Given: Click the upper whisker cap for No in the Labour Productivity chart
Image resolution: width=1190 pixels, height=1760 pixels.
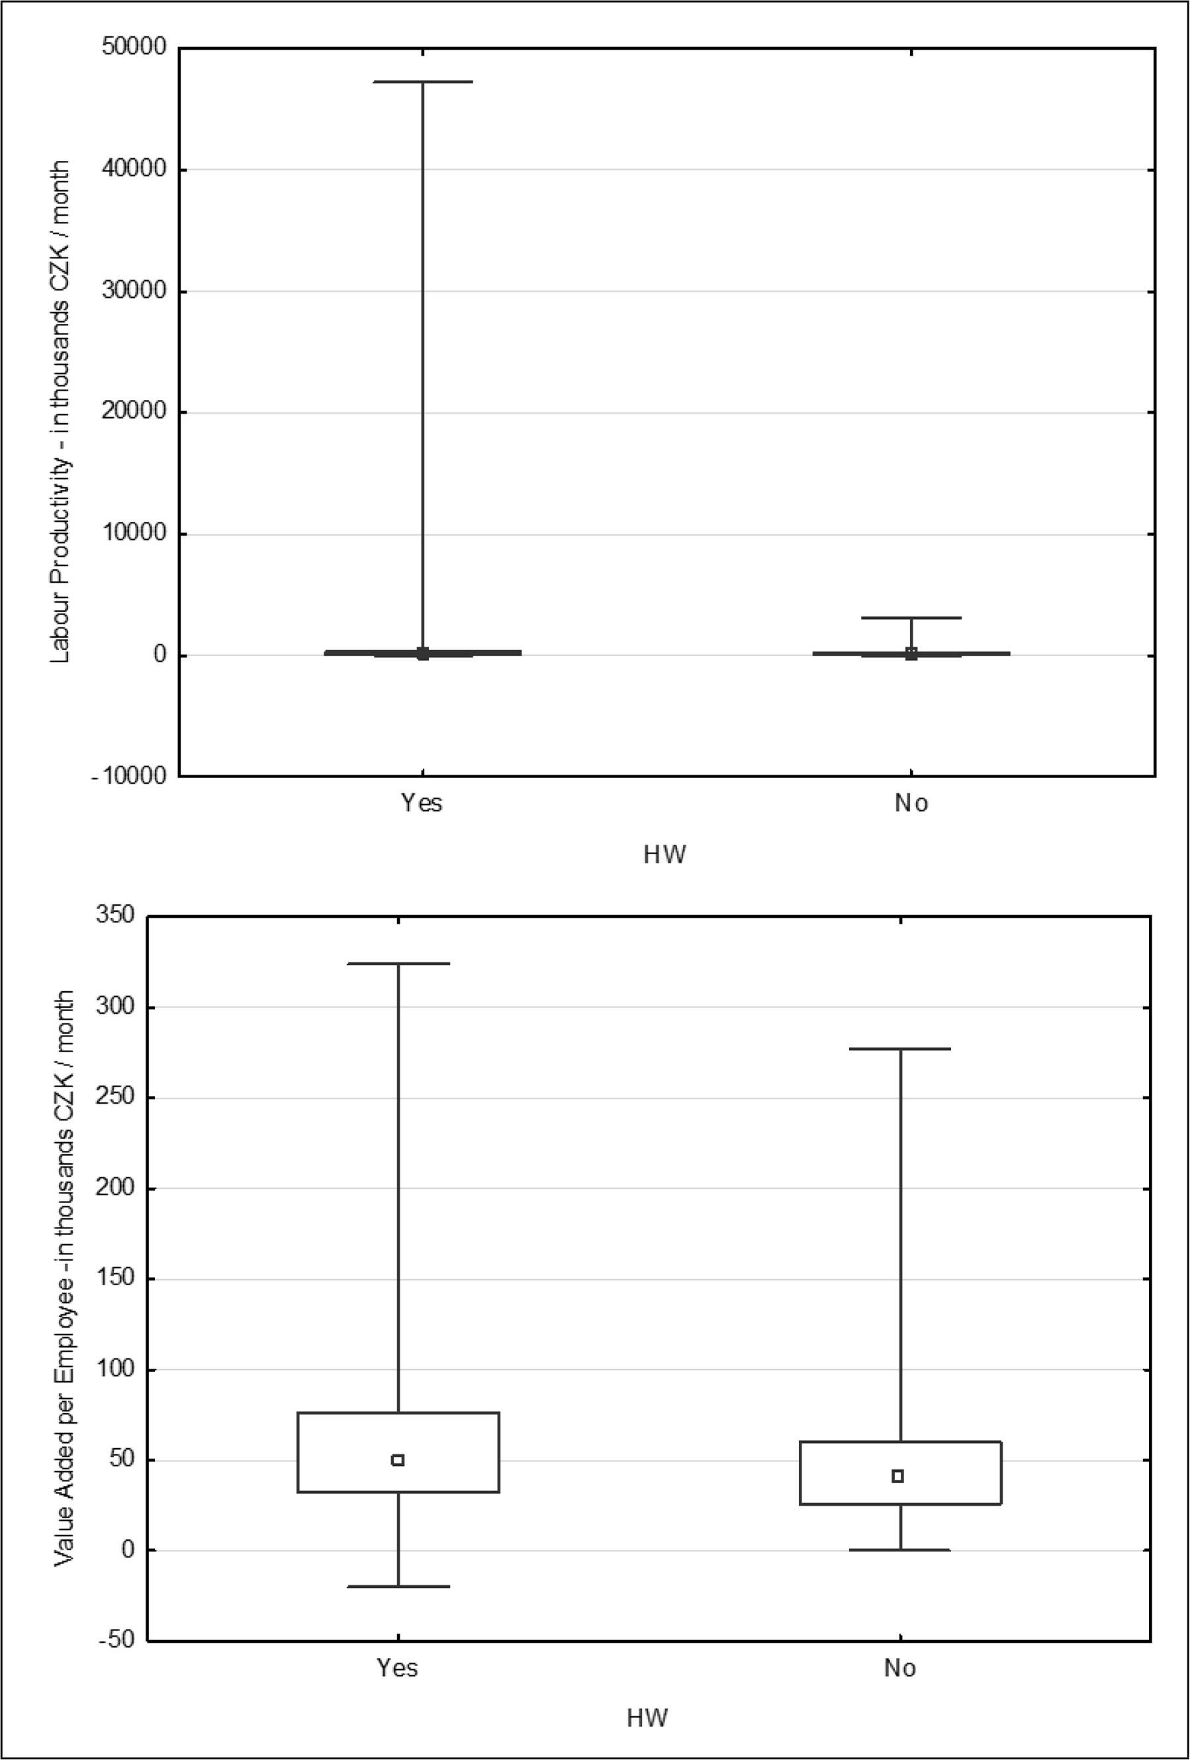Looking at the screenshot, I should pos(911,618).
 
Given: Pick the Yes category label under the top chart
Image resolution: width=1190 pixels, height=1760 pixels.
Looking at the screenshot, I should pos(422,803).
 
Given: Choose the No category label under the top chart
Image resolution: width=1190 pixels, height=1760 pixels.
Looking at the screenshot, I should pos(911,803).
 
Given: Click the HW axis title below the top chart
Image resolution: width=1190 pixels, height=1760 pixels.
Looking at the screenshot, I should pos(664,855).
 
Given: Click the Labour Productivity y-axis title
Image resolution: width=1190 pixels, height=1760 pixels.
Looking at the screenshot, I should pos(61,413).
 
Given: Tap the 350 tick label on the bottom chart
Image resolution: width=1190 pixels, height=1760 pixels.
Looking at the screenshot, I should pos(114,917).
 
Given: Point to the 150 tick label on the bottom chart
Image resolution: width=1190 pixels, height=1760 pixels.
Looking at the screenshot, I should pos(114,1279).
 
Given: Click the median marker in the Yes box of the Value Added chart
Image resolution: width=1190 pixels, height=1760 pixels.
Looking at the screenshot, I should pos(397,1460).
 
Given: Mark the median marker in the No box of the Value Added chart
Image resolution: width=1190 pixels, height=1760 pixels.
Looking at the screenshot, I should pos(898,1476).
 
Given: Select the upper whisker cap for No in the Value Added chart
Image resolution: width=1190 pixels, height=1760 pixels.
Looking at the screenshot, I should pos(900,1049).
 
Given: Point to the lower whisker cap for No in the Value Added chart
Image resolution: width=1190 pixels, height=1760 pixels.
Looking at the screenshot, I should pos(900,1550).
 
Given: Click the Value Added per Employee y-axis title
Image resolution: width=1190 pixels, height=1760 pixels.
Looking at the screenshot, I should pos(64,1280).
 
